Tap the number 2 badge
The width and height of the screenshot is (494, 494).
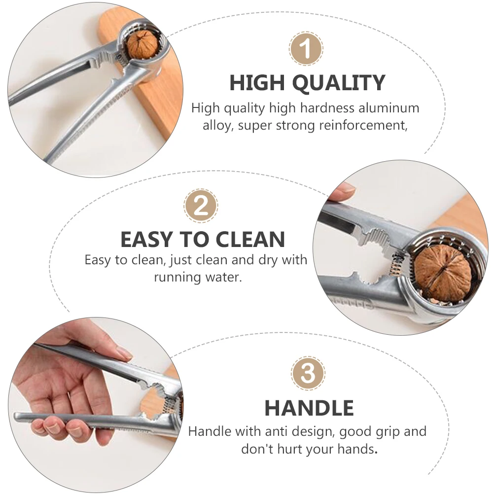201,206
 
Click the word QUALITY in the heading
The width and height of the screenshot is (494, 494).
339,83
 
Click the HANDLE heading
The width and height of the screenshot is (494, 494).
309,408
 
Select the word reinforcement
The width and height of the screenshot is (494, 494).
363,125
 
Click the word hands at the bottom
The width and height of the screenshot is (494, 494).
354,449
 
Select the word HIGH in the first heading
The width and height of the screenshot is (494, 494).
257,83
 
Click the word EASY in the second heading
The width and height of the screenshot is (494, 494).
146,240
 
